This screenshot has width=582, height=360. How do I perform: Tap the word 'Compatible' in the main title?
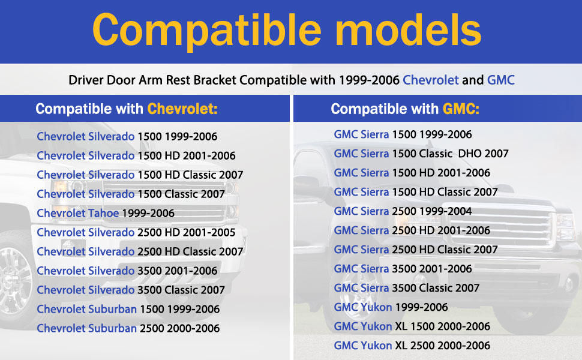click(207, 31)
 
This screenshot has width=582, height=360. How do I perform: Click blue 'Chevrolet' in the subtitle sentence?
click(431, 80)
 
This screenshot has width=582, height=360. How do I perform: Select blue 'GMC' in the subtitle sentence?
click(501, 80)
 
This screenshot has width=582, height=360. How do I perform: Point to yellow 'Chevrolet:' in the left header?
click(182, 109)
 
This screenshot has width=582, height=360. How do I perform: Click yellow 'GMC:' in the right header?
click(461, 109)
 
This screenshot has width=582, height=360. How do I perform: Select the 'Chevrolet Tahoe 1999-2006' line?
click(106, 213)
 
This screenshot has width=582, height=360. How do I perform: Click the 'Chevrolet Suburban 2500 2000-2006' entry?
click(128, 328)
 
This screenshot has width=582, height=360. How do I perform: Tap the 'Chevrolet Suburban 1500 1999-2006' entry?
click(128, 309)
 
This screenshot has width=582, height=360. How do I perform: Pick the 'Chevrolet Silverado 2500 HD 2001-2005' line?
click(136, 232)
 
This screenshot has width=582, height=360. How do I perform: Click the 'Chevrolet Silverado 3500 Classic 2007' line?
click(131, 289)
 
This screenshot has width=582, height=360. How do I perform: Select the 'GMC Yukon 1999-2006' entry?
click(391, 307)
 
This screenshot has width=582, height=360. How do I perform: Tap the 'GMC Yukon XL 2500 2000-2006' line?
click(412, 346)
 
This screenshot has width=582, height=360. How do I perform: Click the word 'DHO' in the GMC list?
click(469, 153)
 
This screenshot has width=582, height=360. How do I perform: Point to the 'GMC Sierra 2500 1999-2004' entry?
click(403, 211)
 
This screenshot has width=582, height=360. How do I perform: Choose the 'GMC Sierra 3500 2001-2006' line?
click(403, 269)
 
